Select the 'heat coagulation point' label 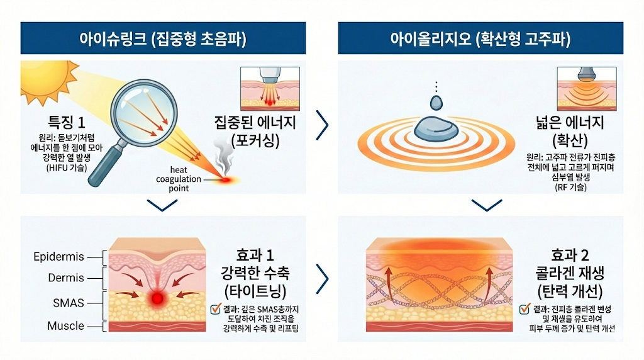point(179,179)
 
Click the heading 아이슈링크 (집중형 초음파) point(162,39)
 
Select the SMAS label point(69,303)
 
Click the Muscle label point(65,326)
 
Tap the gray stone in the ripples point(435,130)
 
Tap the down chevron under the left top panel point(162,205)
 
